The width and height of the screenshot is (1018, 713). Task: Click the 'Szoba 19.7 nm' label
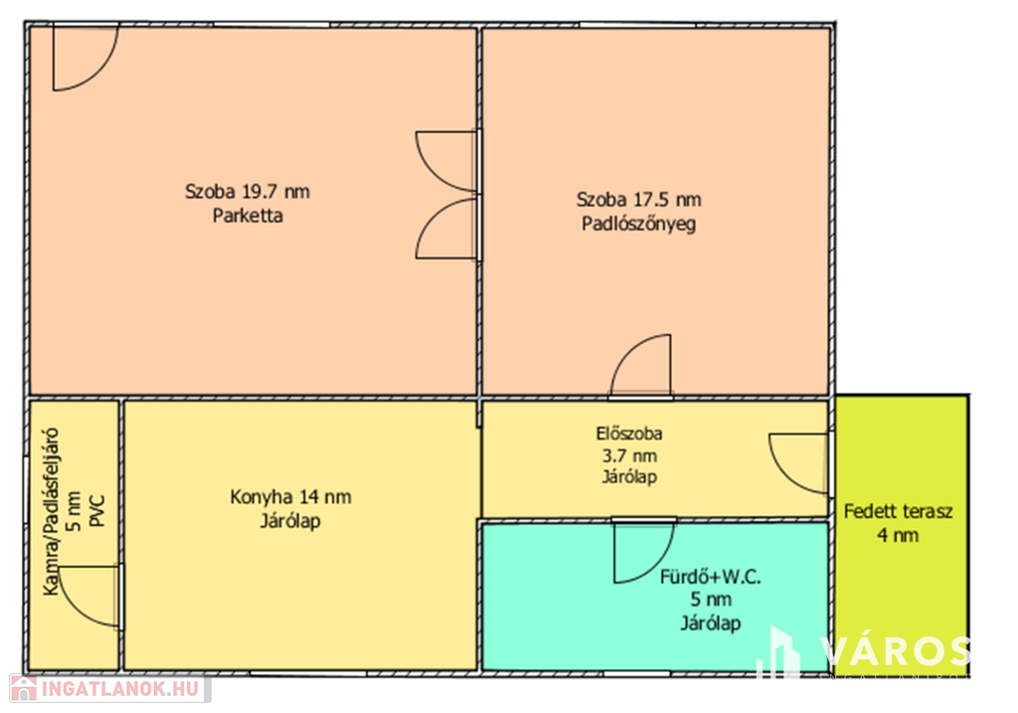point(247,192)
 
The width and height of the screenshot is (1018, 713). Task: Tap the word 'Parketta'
point(248,216)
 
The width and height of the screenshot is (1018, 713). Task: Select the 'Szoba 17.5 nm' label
point(639,199)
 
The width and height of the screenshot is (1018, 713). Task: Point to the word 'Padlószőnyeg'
point(639,224)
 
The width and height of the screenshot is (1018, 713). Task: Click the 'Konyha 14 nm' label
point(290,497)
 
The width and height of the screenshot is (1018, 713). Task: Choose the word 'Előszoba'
point(629,434)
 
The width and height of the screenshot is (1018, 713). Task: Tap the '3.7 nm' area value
point(629,455)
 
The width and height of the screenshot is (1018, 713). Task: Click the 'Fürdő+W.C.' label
point(710,577)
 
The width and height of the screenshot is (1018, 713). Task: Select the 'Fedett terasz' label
point(898,512)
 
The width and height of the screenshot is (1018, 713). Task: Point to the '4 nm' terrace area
point(898,536)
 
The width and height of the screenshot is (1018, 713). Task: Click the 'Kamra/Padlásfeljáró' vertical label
point(51,512)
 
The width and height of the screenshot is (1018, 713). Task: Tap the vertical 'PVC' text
point(96,512)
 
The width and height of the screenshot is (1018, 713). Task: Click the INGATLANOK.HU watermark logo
point(109,688)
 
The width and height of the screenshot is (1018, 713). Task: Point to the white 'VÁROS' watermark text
point(895,651)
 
